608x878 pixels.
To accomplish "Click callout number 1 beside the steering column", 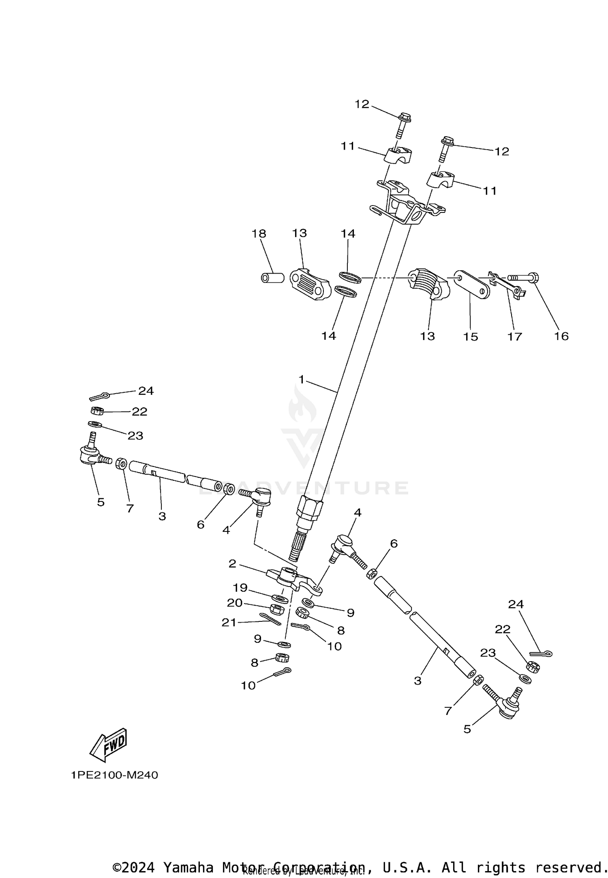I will pyautogui.click(x=301, y=379).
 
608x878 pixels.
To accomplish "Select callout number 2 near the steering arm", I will pyautogui.click(x=232, y=563).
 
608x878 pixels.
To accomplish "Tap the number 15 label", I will pyautogui.click(x=471, y=336).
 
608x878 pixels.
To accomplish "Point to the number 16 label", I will pyautogui.click(x=561, y=336).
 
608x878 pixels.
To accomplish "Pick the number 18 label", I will pyautogui.click(x=259, y=233).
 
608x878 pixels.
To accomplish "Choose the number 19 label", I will pyautogui.click(x=240, y=587).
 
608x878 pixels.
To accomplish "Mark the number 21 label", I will pyautogui.click(x=229, y=622).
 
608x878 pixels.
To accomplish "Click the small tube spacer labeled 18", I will pyautogui.click(x=271, y=278).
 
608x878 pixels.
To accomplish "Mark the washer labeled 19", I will pyautogui.click(x=278, y=598).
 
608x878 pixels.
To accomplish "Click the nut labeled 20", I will pyautogui.click(x=276, y=608).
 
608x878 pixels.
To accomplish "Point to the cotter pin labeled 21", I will pyautogui.click(x=271, y=619).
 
